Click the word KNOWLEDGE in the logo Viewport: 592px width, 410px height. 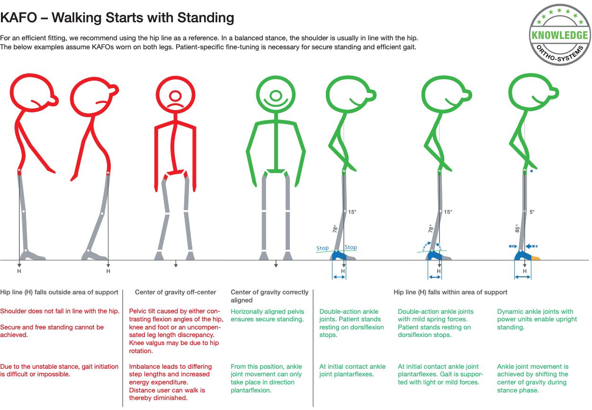click(560, 35)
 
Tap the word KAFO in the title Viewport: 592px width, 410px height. click(18, 18)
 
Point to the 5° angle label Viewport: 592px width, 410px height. click(532, 212)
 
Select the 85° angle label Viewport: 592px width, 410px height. click(517, 228)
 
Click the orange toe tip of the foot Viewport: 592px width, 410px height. click(536, 258)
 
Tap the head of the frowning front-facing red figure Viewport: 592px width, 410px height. click(176, 95)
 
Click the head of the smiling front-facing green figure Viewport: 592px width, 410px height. click(276, 95)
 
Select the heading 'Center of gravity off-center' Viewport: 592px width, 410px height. click(176, 292)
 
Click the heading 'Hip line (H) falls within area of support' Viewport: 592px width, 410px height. click(450, 292)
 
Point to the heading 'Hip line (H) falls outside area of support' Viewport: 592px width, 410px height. click(59, 292)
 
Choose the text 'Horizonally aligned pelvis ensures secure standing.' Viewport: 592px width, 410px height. click(267, 315)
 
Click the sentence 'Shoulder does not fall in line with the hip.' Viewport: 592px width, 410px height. click(60, 311)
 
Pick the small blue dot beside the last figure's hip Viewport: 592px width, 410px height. click(531, 171)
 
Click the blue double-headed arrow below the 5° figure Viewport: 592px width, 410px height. click(523, 277)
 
